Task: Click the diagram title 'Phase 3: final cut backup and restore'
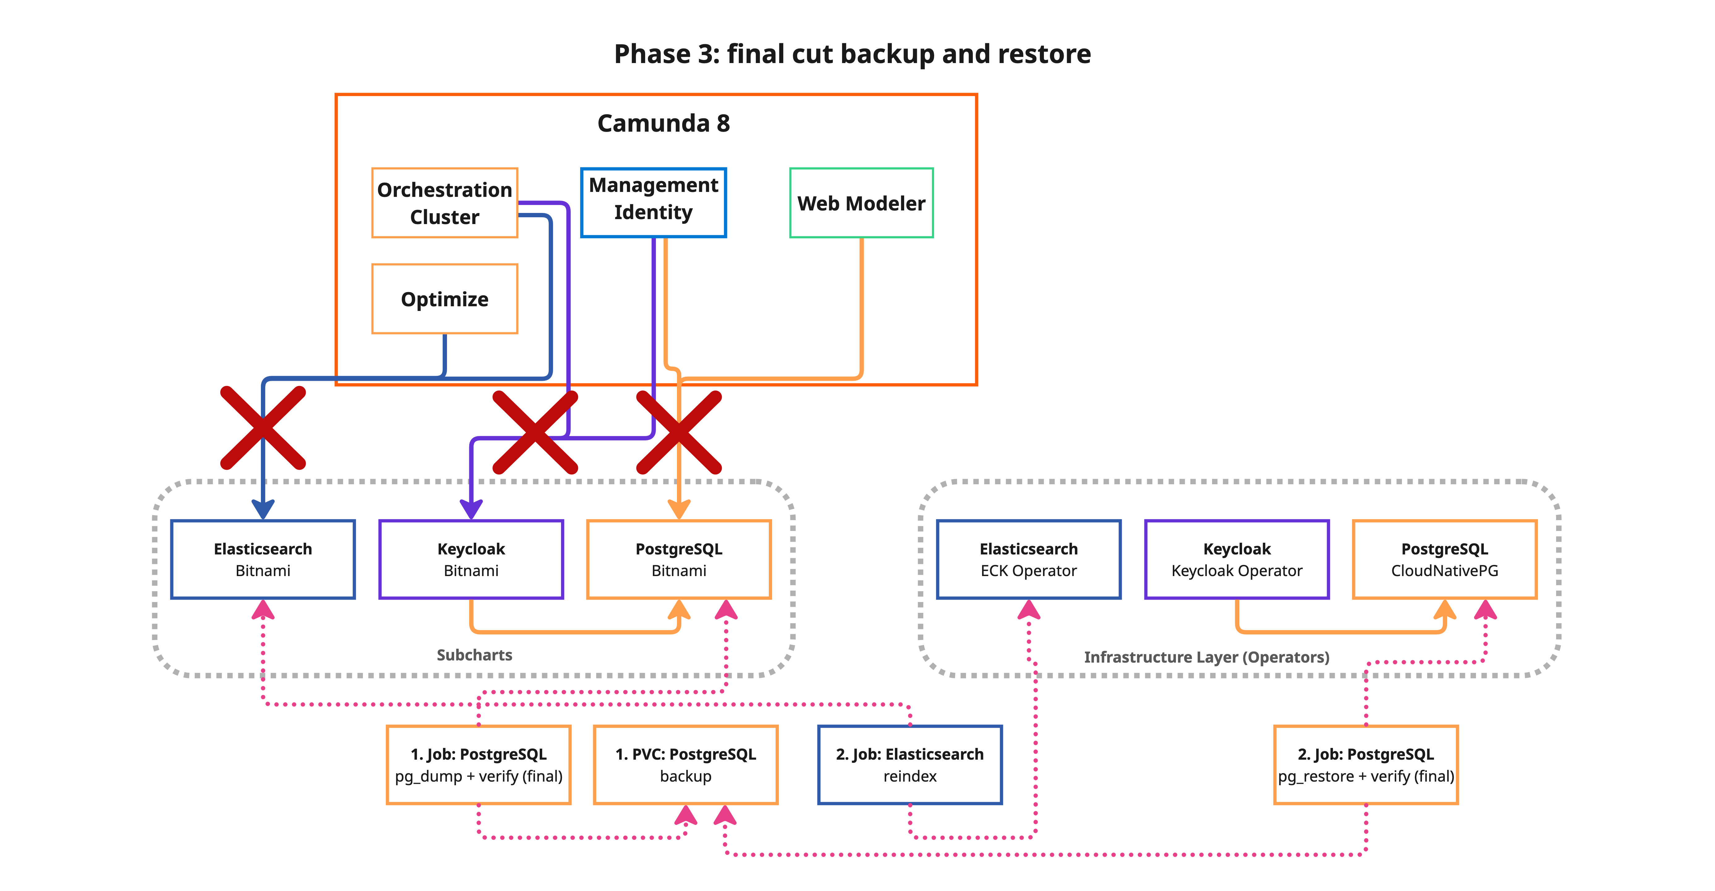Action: pos(852,54)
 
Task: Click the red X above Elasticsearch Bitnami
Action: pos(263,428)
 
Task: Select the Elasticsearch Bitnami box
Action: pos(263,560)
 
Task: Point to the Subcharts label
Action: pos(474,655)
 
